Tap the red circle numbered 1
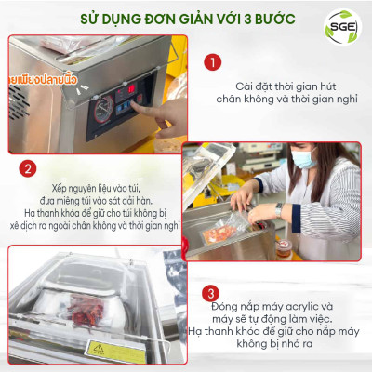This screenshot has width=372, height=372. click(x=213, y=62)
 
